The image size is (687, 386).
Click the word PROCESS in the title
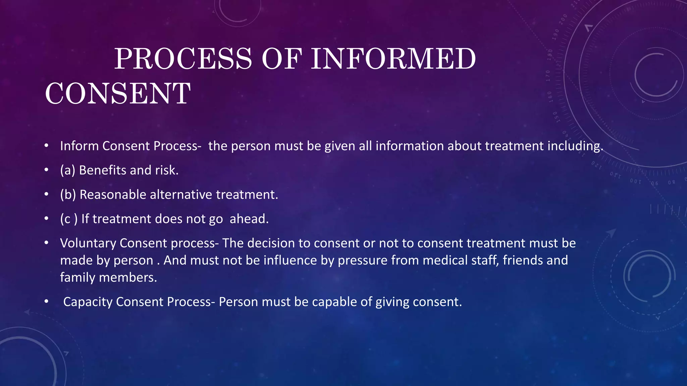(x=183, y=59)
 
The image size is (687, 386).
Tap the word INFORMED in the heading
(x=393, y=59)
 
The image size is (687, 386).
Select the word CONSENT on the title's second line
(x=118, y=93)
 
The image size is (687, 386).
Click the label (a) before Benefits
(x=67, y=170)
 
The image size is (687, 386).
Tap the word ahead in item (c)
(x=249, y=219)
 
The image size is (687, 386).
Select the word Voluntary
(x=88, y=243)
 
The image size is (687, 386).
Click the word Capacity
(x=88, y=302)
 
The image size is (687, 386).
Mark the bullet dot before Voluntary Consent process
(x=47, y=243)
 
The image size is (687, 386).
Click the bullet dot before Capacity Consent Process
(x=47, y=302)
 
